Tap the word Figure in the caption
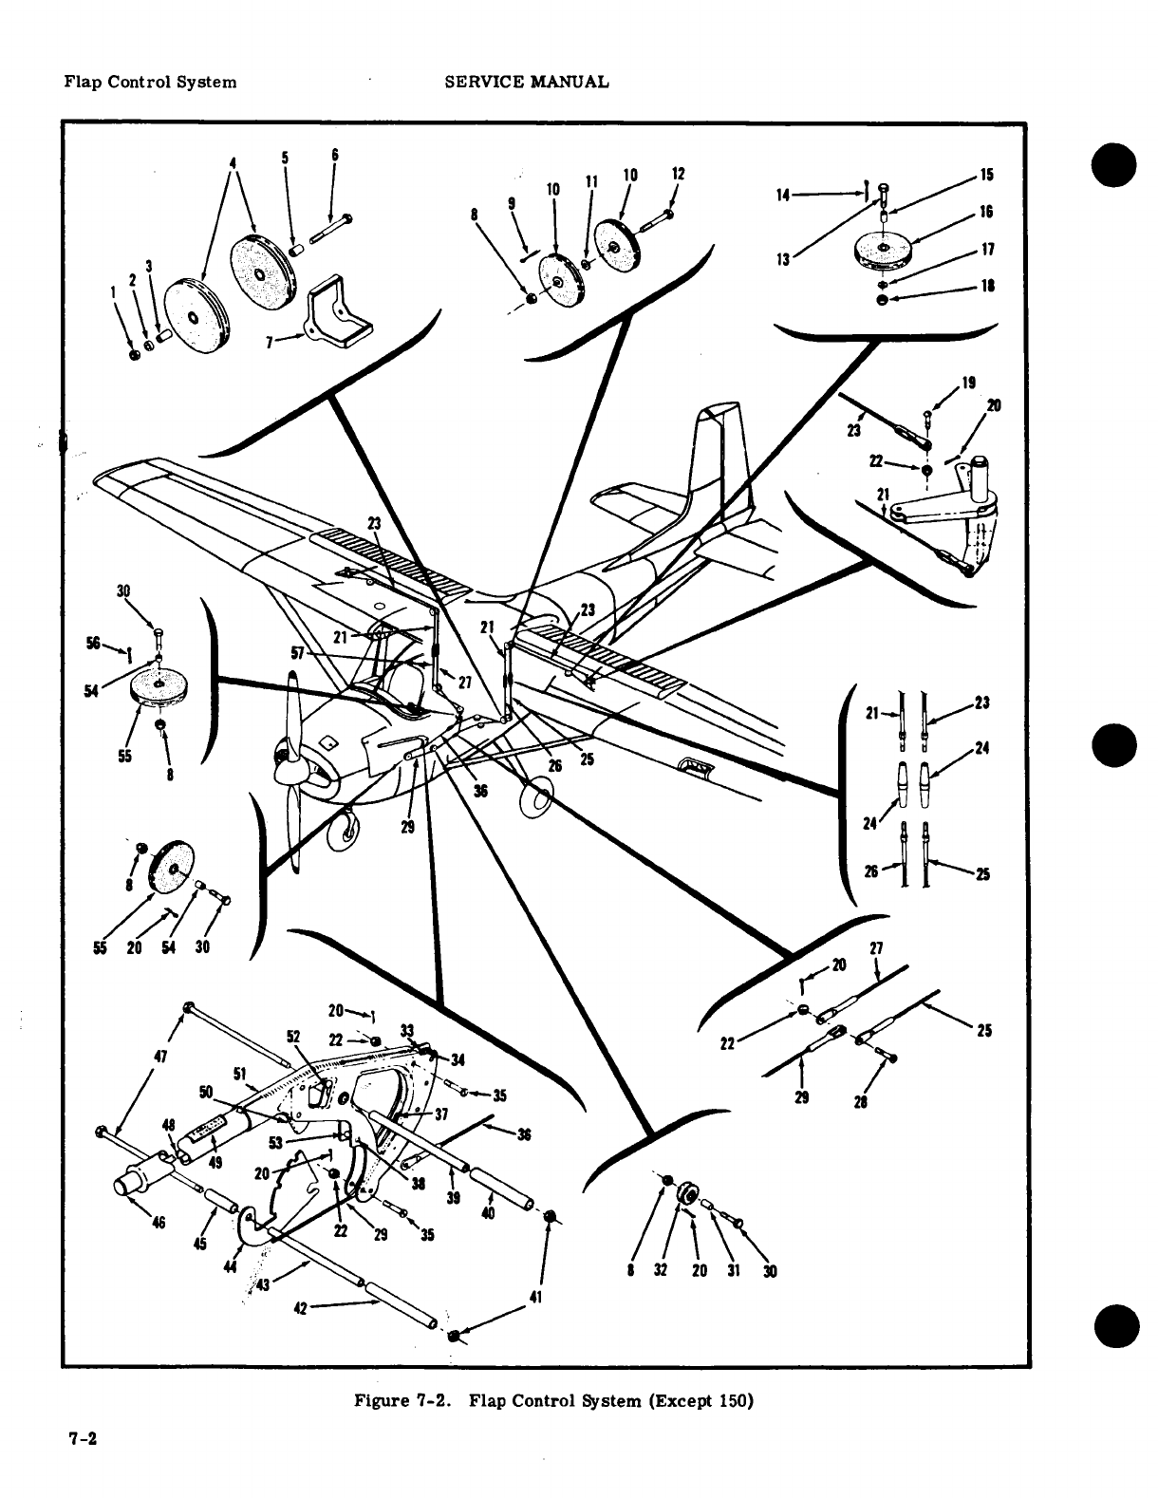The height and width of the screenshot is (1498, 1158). pyautogui.click(x=381, y=1400)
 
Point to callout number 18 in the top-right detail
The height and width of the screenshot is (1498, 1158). pyautogui.click(x=987, y=287)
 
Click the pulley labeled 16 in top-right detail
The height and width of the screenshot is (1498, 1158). pyautogui.click(x=883, y=249)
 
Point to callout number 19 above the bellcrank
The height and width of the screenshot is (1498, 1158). pyautogui.click(x=968, y=384)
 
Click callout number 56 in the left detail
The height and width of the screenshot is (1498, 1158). pyautogui.click(x=94, y=643)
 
